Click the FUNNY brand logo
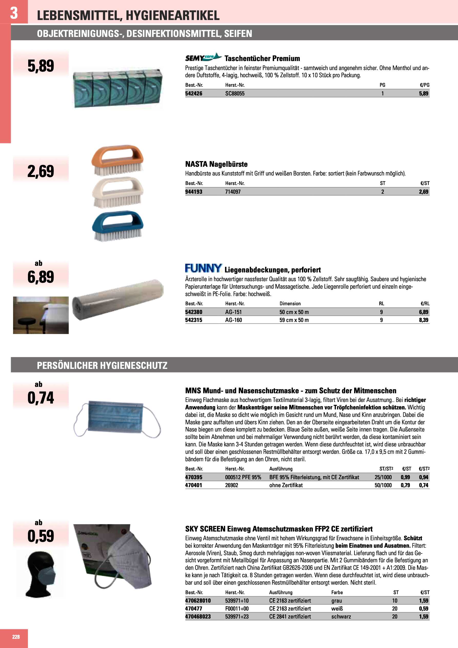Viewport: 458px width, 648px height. click(203, 268)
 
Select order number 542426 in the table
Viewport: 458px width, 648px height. click(194, 94)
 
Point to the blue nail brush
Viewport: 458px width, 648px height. click(117, 226)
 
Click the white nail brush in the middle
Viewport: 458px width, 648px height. click(117, 192)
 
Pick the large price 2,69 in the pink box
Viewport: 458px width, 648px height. click(41, 171)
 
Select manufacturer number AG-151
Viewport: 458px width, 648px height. click(233, 312)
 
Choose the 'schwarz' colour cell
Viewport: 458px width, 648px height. click(341, 616)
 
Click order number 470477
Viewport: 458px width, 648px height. click(194, 608)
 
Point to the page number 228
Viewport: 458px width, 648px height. click(16, 637)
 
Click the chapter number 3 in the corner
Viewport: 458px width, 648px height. click(14, 13)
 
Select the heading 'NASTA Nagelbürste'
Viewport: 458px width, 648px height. click(216, 164)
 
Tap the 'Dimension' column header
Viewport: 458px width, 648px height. click(290, 304)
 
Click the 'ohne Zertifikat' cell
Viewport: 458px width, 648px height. click(286, 485)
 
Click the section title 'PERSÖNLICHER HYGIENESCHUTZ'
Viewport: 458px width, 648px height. click(102, 366)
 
